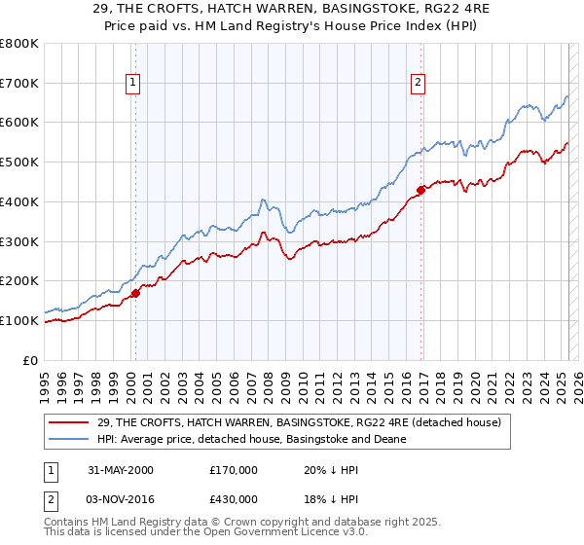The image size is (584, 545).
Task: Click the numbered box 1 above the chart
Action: [x=132, y=84]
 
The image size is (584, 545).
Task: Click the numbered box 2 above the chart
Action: [x=418, y=84]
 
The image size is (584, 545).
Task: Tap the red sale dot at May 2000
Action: [x=136, y=292]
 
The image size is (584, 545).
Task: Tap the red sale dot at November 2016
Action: [x=420, y=190]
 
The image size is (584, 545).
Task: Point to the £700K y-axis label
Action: [x=19, y=83]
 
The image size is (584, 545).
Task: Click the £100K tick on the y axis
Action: [x=19, y=320]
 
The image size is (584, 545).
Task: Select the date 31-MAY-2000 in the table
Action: [x=121, y=469]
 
